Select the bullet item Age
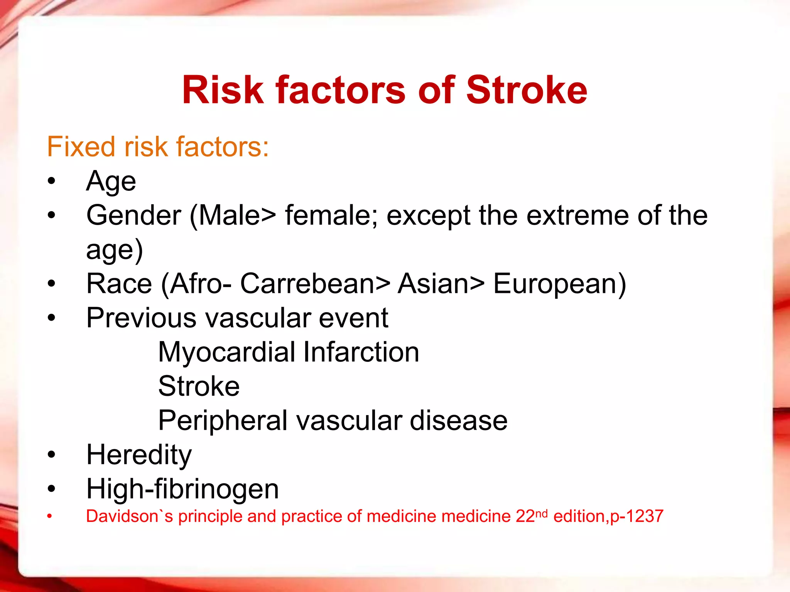(111, 181)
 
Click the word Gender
(133, 215)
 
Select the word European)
(560, 284)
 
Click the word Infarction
(361, 352)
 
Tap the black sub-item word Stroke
(199, 386)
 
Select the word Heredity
(139, 455)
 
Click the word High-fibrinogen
(182, 489)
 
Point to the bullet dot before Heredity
(51, 455)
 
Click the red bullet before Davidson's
(49, 516)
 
